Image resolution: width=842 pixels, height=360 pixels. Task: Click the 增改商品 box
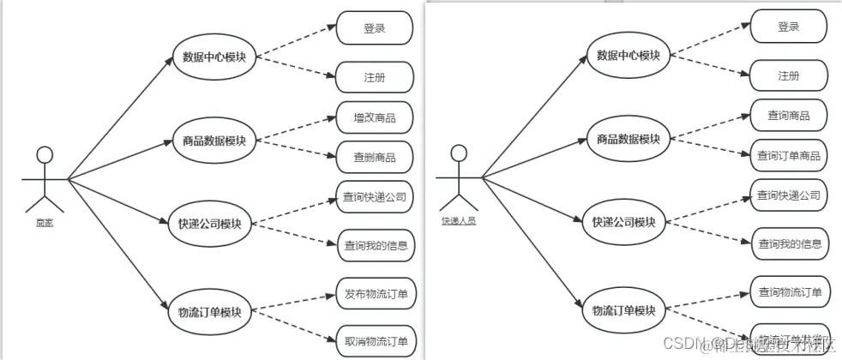374,117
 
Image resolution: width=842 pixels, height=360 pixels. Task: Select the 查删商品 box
374,157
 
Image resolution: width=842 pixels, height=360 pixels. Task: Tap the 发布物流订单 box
375,294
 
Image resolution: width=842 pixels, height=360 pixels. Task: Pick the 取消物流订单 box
375,340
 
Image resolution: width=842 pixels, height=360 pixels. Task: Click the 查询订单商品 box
788,155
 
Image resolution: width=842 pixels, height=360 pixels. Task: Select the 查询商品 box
788,115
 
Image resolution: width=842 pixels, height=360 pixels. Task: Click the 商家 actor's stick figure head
45,155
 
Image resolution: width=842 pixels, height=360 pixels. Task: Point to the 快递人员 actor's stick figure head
460,153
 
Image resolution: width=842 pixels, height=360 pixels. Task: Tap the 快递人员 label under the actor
459,220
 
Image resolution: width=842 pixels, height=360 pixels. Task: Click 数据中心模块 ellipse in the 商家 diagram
214,57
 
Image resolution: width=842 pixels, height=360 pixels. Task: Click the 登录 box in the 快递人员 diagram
788,27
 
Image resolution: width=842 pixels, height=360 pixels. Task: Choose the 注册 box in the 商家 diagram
374,77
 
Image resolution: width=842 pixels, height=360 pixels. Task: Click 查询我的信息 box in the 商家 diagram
375,245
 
